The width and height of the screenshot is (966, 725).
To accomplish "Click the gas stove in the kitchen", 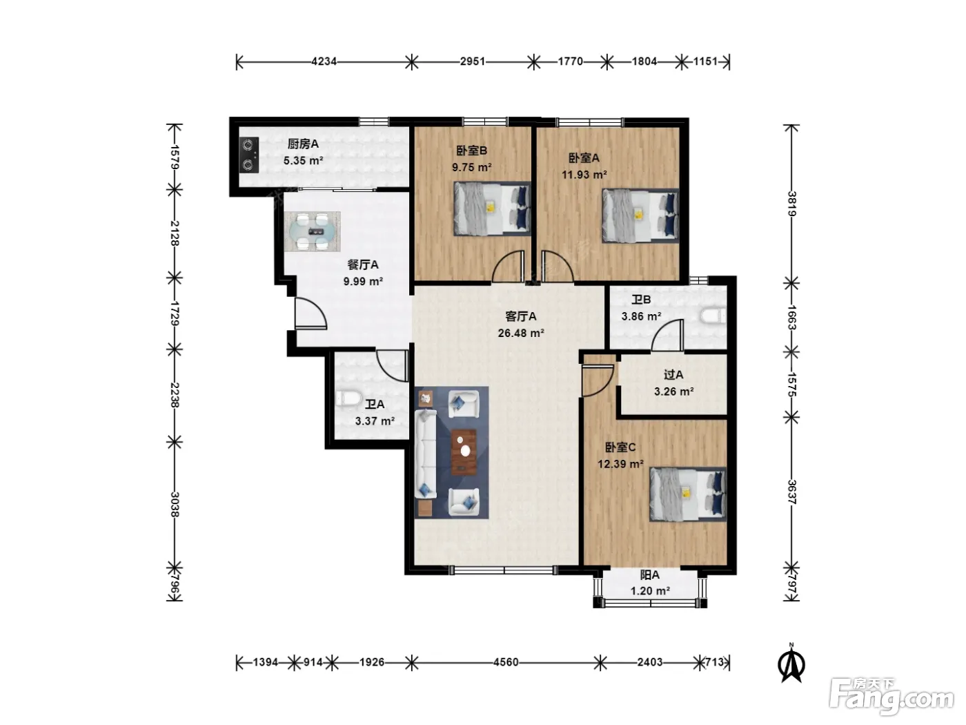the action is (x=248, y=155).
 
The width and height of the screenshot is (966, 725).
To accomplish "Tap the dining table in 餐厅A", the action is (x=312, y=231).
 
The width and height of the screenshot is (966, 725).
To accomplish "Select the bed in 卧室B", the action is (x=492, y=209).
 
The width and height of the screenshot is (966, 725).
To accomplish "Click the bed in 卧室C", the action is (x=688, y=494).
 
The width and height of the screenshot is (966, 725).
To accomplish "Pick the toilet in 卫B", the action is (x=713, y=316).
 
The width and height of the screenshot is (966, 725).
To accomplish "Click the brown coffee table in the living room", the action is (x=464, y=452).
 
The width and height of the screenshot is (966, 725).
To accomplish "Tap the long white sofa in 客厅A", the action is (x=426, y=454).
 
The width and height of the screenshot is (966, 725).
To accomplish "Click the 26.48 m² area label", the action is (x=521, y=333).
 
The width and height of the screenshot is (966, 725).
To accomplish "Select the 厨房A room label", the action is (x=303, y=144).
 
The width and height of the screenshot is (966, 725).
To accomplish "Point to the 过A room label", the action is (x=673, y=375).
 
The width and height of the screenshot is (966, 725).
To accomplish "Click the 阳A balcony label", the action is (x=649, y=575).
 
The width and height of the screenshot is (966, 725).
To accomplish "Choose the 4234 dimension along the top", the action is (x=324, y=61).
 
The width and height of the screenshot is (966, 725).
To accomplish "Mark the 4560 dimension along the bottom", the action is (x=506, y=662).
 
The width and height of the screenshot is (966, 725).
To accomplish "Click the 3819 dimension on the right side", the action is (x=791, y=204).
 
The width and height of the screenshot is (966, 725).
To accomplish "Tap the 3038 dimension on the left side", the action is (x=175, y=505).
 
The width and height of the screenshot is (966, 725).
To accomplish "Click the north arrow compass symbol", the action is (x=791, y=664).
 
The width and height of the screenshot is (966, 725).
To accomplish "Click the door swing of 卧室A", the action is (x=556, y=267).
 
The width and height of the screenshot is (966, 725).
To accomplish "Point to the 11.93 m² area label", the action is (x=584, y=175).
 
